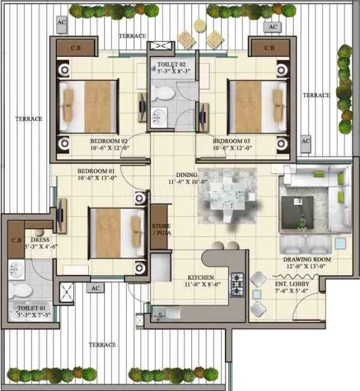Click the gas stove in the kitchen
click(237, 281)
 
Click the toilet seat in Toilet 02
click(161, 92)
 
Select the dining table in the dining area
click(227, 195)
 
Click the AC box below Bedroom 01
click(95, 288)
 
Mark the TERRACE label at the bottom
click(103, 345)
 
